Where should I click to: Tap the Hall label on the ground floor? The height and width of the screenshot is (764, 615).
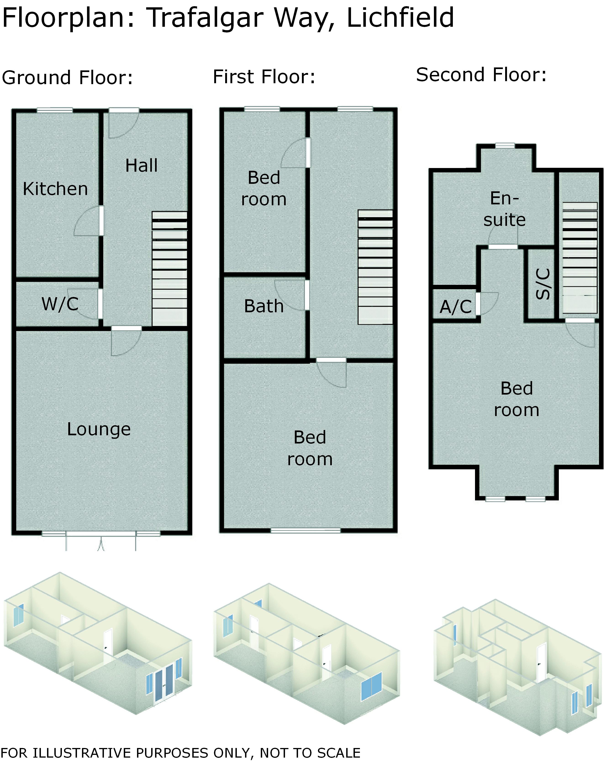point(141,166)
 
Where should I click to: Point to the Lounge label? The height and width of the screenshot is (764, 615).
point(99,430)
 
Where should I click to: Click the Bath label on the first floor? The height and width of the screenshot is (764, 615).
point(264,306)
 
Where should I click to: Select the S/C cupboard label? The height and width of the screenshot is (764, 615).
point(543,284)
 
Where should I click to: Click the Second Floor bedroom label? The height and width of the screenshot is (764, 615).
point(517,399)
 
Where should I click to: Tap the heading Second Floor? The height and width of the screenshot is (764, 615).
point(481,75)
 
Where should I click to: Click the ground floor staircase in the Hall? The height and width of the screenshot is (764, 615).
point(170,269)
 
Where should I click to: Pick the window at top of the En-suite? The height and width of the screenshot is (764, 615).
point(505,145)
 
